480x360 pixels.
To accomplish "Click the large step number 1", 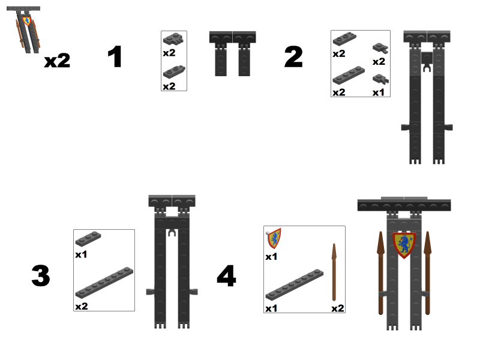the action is (x=115, y=56).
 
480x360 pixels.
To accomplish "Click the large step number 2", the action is (x=293, y=56).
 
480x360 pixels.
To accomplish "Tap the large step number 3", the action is (x=41, y=275).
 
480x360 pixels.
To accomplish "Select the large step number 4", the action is (x=227, y=275).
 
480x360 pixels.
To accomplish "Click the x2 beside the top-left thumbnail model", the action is (x=57, y=61).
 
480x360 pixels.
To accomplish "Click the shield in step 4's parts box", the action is (x=274, y=238).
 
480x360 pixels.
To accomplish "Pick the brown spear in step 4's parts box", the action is (x=334, y=272).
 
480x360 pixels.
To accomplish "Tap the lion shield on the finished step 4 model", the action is (x=404, y=245).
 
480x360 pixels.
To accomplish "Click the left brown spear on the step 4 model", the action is (x=380, y=273).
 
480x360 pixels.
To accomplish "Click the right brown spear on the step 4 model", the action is (x=428, y=273).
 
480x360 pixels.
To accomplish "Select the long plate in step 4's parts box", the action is (x=295, y=284).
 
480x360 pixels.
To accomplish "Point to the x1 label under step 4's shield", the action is (x=272, y=256).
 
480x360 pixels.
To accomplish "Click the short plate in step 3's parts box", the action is (x=88, y=238).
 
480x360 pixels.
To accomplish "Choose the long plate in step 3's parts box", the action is (x=104, y=283).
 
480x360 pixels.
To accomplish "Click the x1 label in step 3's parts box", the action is (x=81, y=254).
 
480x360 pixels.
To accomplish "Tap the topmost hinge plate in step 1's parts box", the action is (x=173, y=38).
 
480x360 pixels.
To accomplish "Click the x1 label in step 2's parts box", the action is (x=379, y=92).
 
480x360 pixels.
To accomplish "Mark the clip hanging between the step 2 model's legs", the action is (x=427, y=62).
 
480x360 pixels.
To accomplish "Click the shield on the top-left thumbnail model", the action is (x=27, y=21).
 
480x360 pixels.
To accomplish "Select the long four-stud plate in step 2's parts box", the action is (x=349, y=75).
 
